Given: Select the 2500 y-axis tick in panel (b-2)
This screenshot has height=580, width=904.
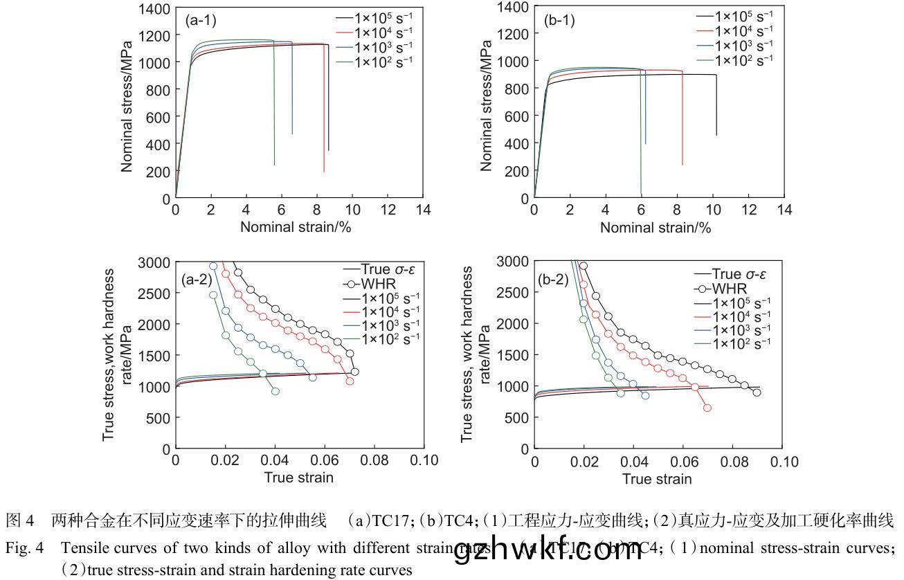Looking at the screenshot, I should pyautogui.click(x=512, y=293).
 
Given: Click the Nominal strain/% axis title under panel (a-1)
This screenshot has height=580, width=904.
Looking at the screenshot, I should pyautogui.click(x=296, y=227).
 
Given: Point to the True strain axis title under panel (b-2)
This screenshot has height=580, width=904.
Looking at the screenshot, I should pyautogui.click(x=656, y=479).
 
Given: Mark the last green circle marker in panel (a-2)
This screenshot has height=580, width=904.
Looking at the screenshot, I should pyautogui.click(x=275, y=391).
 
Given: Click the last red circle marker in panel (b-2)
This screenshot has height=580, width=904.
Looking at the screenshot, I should pyautogui.click(x=707, y=408).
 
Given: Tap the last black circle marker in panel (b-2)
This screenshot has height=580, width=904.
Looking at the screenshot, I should pyautogui.click(x=757, y=392).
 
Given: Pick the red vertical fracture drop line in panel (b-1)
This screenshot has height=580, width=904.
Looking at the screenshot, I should pyautogui.click(x=682, y=118).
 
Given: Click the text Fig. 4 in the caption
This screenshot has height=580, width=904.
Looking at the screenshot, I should pyautogui.click(x=19, y=549).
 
